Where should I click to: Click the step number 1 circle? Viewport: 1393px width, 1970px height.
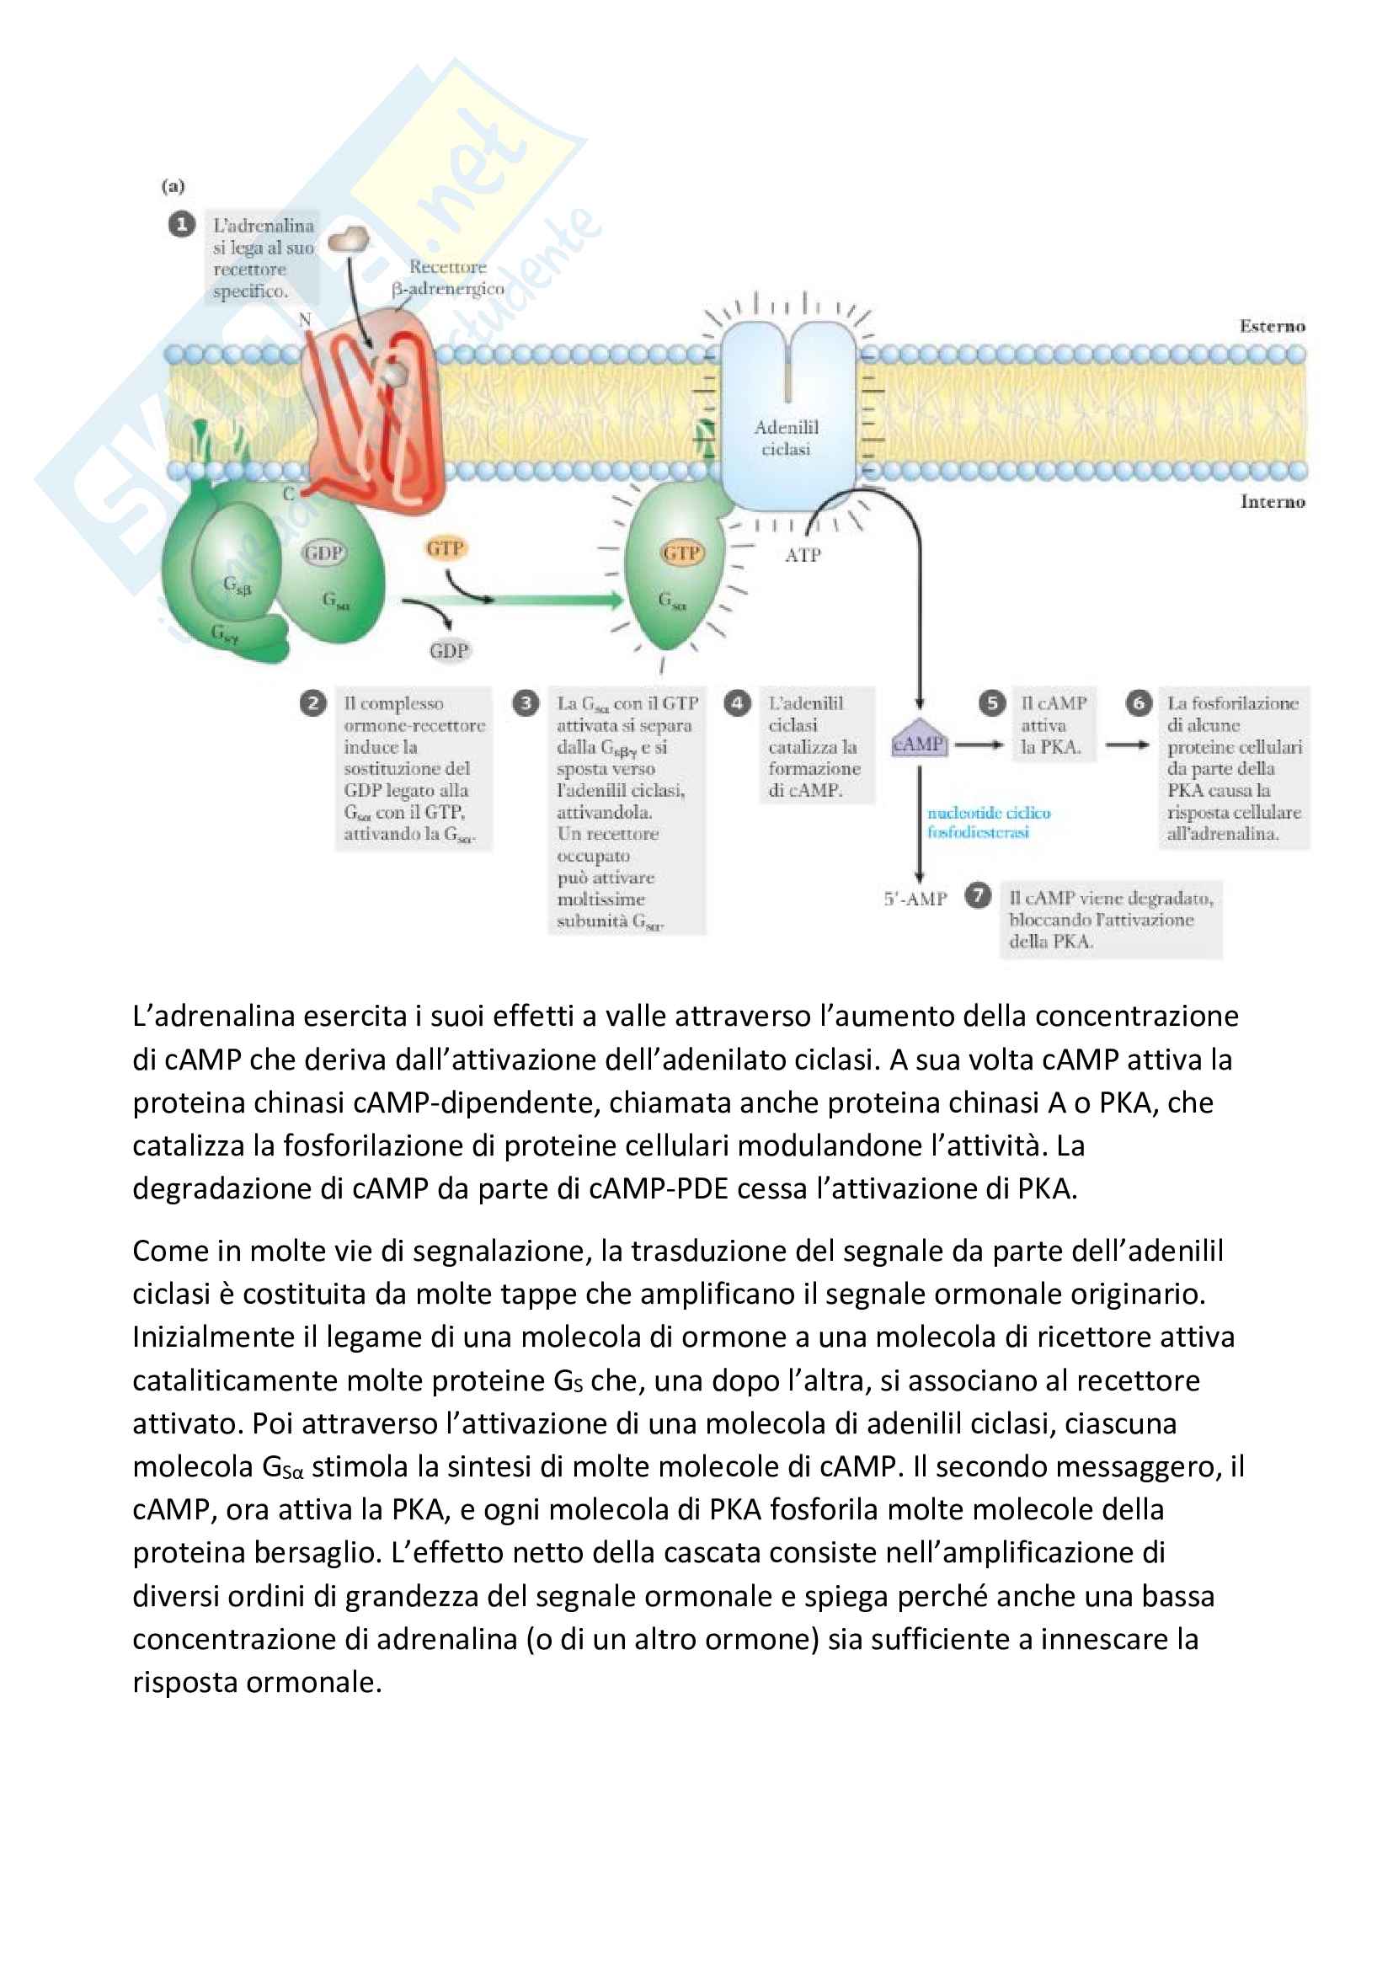pyautogui.click(x=181, y=225)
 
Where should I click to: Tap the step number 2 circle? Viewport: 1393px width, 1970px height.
pyautogui.click(x=313, y=703)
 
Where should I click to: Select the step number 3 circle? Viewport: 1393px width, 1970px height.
pyautogui.click(x=525, y=703)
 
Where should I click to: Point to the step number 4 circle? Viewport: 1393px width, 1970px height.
pyautogui.click(x=737, y=703)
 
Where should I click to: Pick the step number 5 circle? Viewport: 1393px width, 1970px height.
pyautogui.click(x=991, y=703)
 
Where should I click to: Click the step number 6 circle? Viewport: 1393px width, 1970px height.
pyautogui.click(x=1139, y=703)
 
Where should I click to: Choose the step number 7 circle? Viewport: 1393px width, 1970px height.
pyautogui.click(x=978, y=896)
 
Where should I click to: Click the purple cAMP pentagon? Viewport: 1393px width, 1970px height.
pyautogui.click(x=919, y=741)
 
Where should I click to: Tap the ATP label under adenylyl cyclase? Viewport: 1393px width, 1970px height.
pyautogui.click(x=803, y=555)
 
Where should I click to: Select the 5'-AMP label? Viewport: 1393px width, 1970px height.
pyautogui.click(x=915, y=899)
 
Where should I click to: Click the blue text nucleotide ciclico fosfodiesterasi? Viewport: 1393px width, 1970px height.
pyautogui.click(x=988, y=822)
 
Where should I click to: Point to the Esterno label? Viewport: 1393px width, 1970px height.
pyautogui.click(x=1272, y=326)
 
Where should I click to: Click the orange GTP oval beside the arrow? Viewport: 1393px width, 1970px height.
pyautogui.click(x=446, y=548)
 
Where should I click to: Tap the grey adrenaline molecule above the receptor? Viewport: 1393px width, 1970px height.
pyautogui.click(x=350, y=238)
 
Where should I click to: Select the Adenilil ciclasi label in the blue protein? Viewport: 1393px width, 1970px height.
pyautogui.click(x=787, y=438)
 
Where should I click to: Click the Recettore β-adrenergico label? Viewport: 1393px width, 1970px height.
pyautogui.click(x=448, y=278)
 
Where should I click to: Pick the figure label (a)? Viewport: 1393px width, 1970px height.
pyautogui.click(x=173, y=186)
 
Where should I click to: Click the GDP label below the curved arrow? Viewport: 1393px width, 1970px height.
pyautogui.click(x=449, y=650)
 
